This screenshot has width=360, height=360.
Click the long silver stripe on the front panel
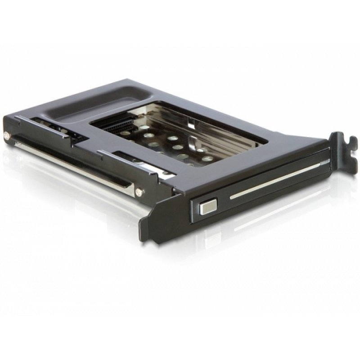pos(270,180)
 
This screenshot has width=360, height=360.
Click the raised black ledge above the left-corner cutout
pos(36,120)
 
